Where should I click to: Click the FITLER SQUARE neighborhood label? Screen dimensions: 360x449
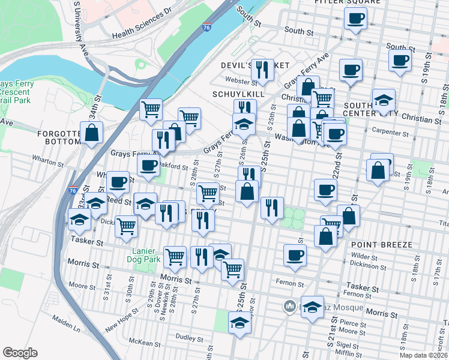(348, 2)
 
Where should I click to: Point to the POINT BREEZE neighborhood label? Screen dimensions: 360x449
(382, 245)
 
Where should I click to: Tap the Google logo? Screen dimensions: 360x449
(20, 353)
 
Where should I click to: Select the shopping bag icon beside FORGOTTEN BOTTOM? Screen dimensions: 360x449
(91, 134)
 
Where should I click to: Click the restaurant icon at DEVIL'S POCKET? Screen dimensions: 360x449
(262, 70)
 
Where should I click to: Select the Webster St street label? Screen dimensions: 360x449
(241, 80)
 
